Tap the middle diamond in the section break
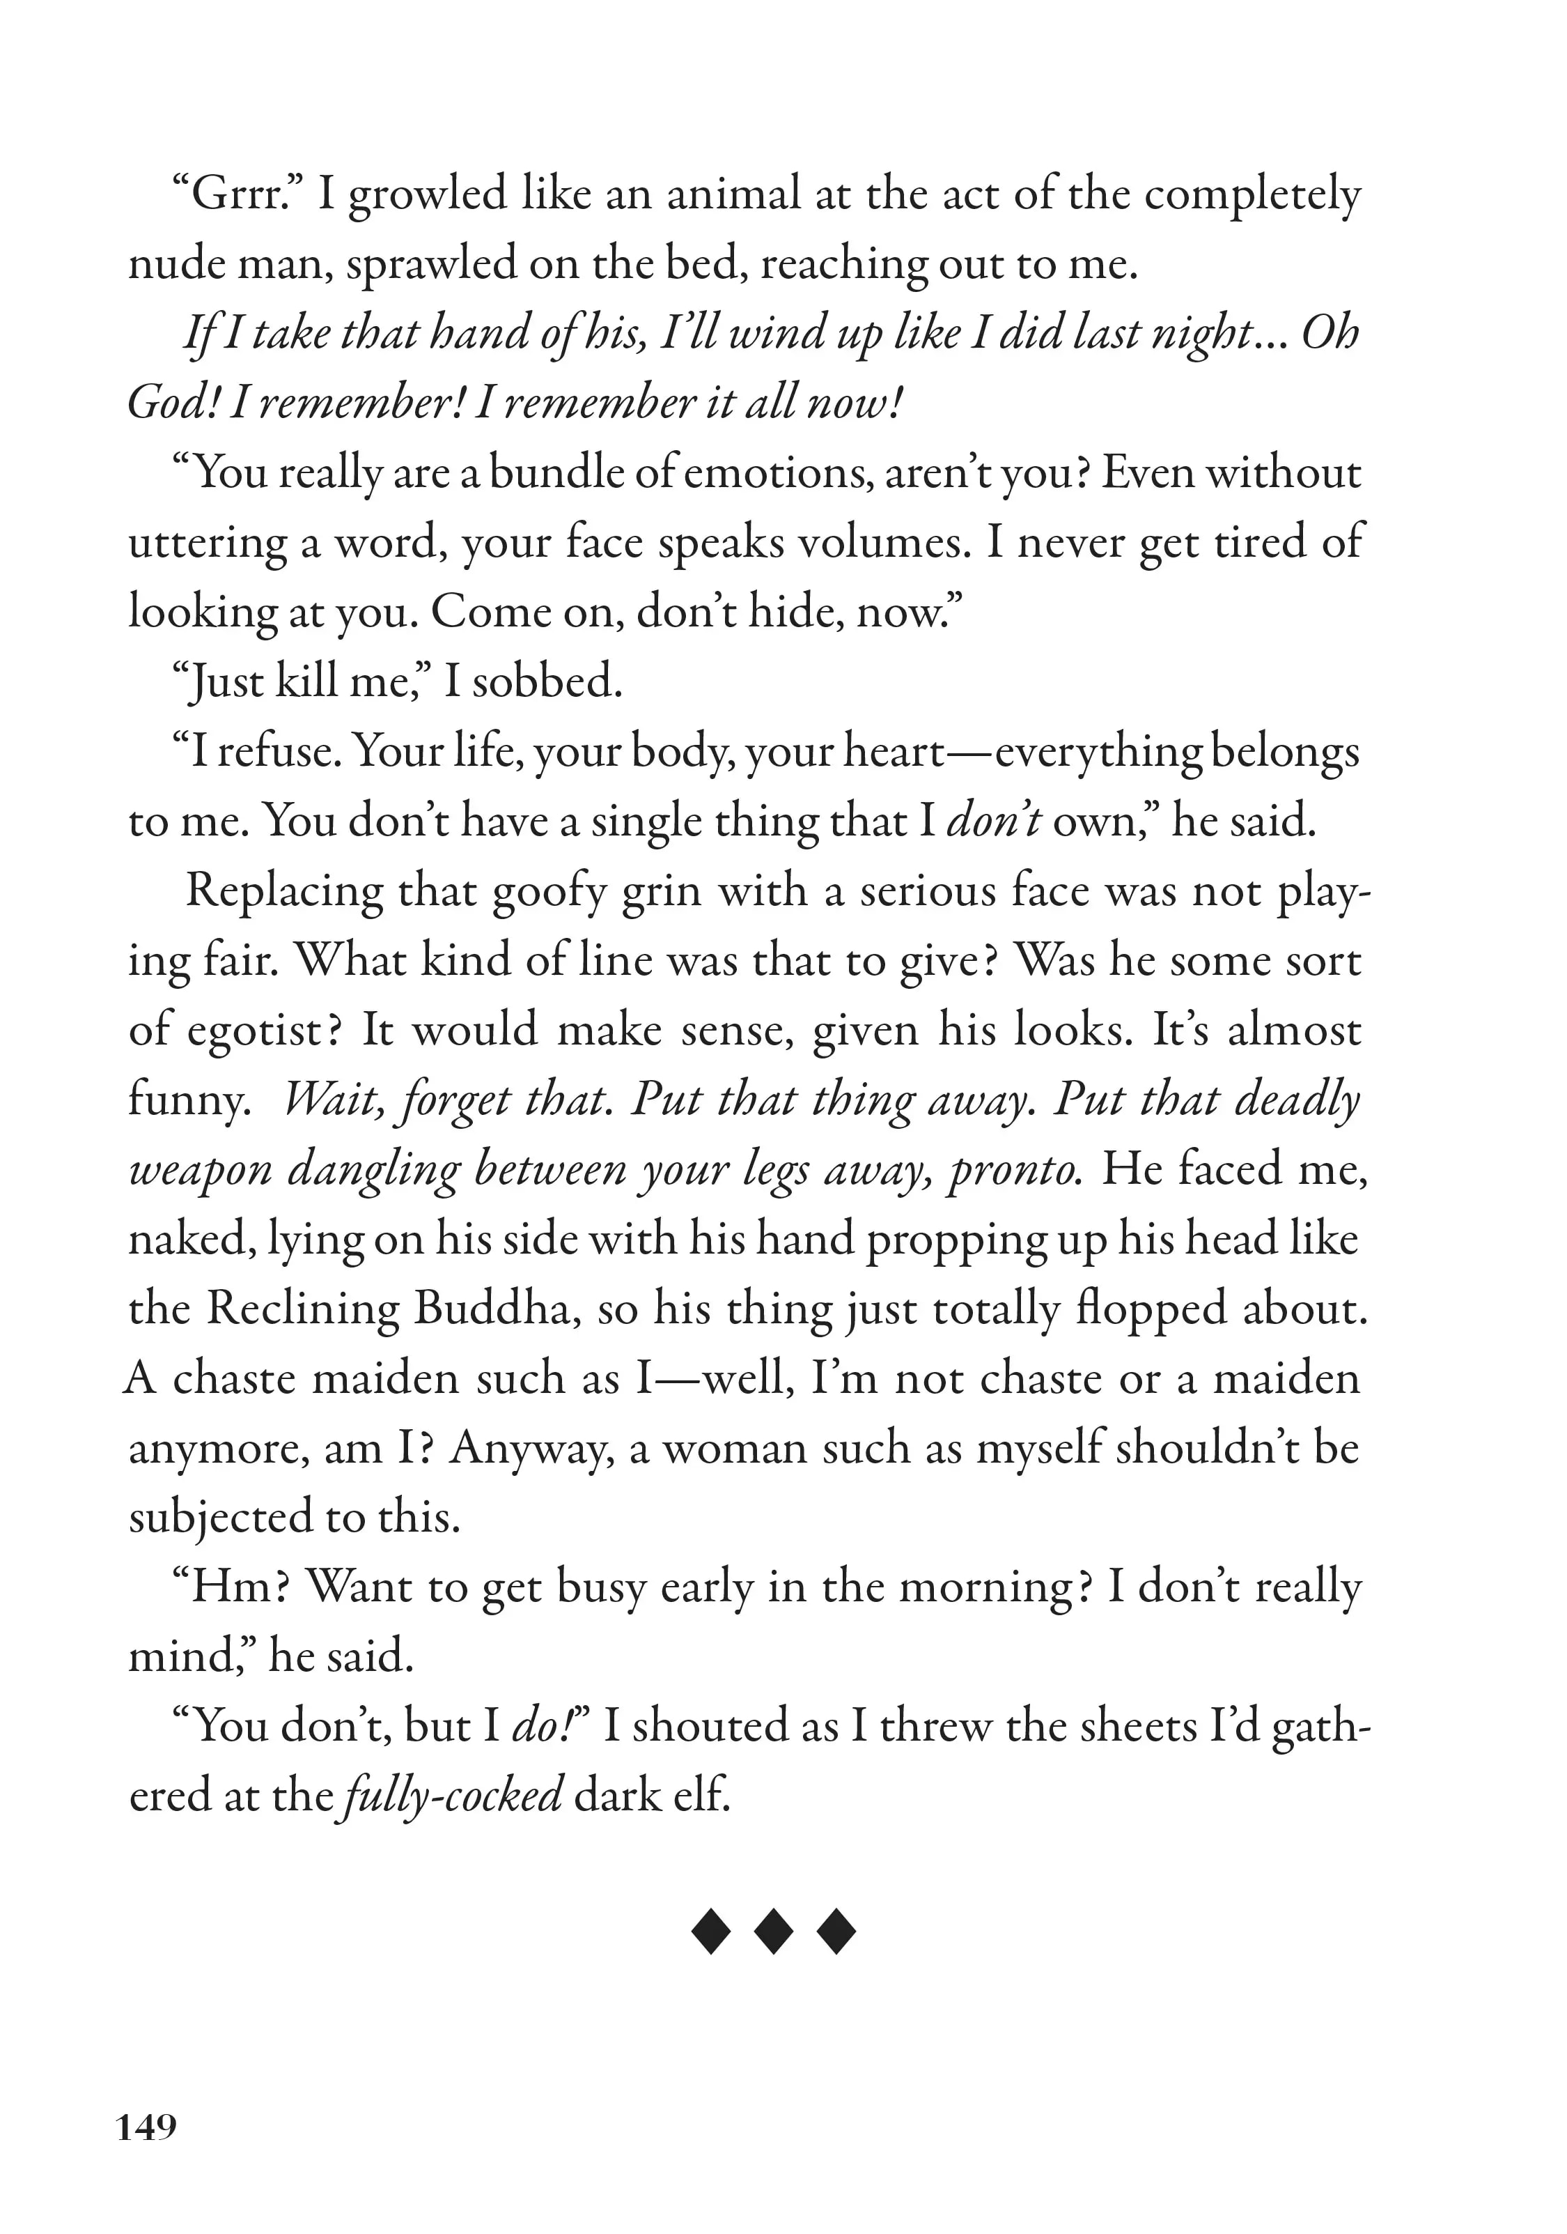(x=773, y=1932)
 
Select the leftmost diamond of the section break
(x=711, y=1932)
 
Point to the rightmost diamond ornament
(x=836, y=1932)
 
